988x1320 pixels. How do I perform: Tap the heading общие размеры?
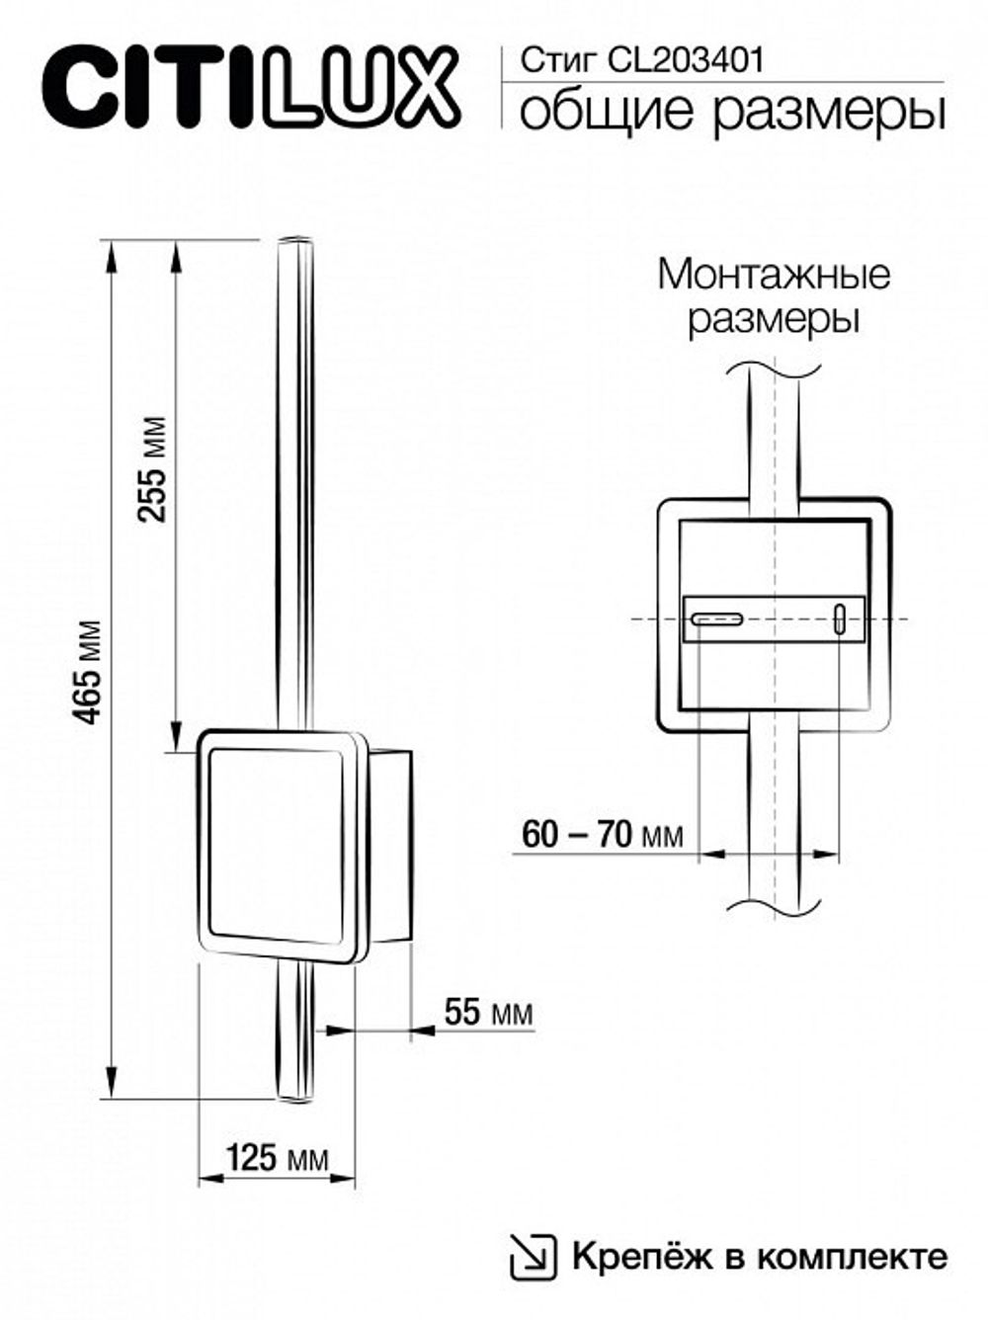click(x=731, y=112)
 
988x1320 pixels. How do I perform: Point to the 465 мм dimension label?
click(x=90, y=672)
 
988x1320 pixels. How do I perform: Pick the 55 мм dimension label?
click(x=488, y=1013)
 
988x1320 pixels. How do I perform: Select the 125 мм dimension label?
click(x=278, y=1157)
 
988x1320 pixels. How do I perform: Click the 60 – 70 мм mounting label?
click(x=601, y=836)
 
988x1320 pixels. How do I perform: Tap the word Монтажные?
click(x=774, y=274)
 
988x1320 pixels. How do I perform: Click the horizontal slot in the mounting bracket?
click(x=715, y=620)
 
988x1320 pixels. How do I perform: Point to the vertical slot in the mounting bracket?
click(x=840, y=620)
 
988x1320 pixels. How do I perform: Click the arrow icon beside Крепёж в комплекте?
click(x=534, y=1257)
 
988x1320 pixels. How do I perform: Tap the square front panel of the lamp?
click(x=277, y=845)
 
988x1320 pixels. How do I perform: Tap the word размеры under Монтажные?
click(x=774, y=320)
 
